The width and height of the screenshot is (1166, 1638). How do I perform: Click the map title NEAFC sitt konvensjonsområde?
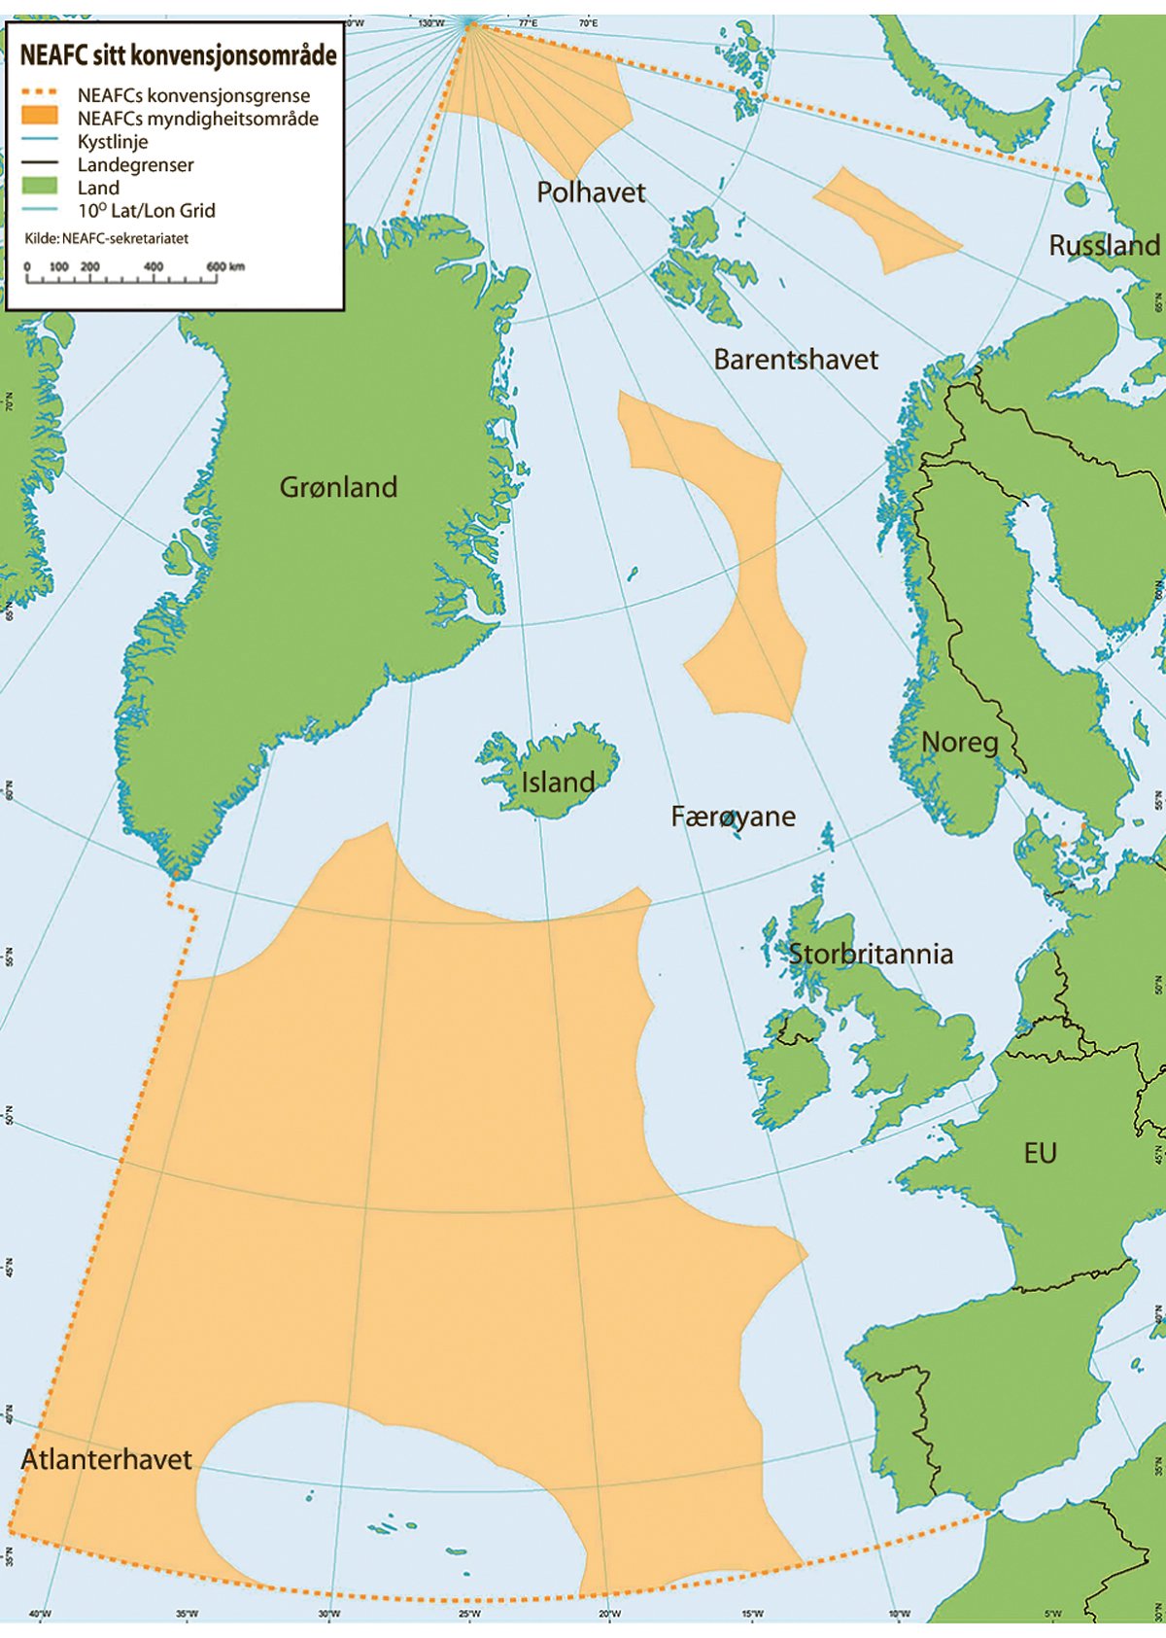178,55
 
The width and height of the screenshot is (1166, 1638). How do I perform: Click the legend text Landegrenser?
135,164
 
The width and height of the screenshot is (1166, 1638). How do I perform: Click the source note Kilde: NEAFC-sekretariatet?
106,238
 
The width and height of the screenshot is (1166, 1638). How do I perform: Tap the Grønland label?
338,486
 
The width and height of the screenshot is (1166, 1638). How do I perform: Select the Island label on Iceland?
558,782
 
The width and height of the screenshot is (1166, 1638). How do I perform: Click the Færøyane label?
733,816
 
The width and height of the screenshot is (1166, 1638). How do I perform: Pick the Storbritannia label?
870,953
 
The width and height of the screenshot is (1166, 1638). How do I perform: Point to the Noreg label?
959,742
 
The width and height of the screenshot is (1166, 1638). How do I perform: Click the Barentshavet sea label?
795,359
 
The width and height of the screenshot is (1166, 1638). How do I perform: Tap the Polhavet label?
591,192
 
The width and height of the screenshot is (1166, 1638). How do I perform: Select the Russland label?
1104,245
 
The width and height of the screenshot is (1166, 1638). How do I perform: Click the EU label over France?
1040,1153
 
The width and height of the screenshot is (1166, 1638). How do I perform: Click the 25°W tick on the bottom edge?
468,1614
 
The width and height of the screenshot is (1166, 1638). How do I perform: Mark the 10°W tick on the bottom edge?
899,1614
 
